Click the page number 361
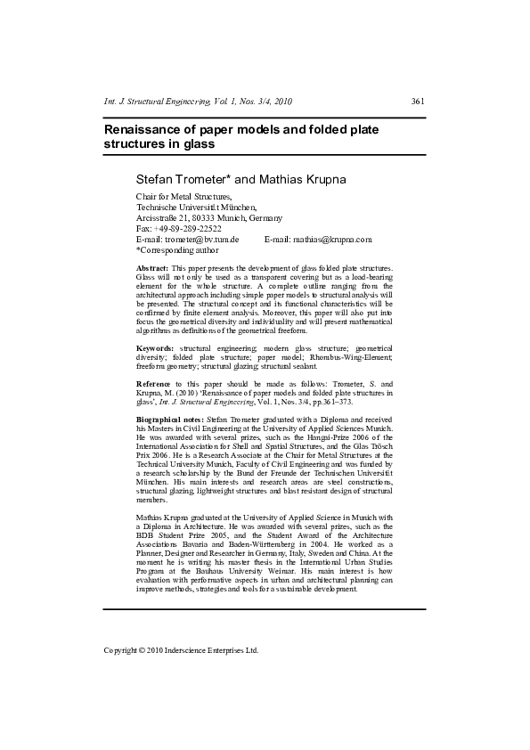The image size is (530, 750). [418, 102]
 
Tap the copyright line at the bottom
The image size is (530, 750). [181, 650]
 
